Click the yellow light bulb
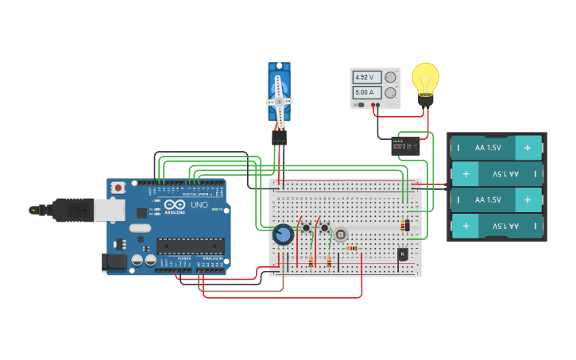426,80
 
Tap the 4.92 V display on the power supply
364,77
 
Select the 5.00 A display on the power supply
364,92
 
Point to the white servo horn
279,101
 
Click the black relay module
405,146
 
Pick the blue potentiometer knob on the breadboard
282,234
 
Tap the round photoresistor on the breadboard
341,234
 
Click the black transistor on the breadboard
403,254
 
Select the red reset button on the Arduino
118,188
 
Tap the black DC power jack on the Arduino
114,261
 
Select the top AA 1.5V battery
497,148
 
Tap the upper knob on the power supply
390,77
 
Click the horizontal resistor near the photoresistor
352,248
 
